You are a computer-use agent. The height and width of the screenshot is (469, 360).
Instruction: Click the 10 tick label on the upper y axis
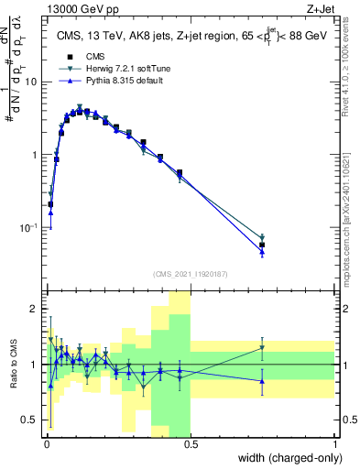30,82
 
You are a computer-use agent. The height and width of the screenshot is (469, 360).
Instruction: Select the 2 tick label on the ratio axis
34,309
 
